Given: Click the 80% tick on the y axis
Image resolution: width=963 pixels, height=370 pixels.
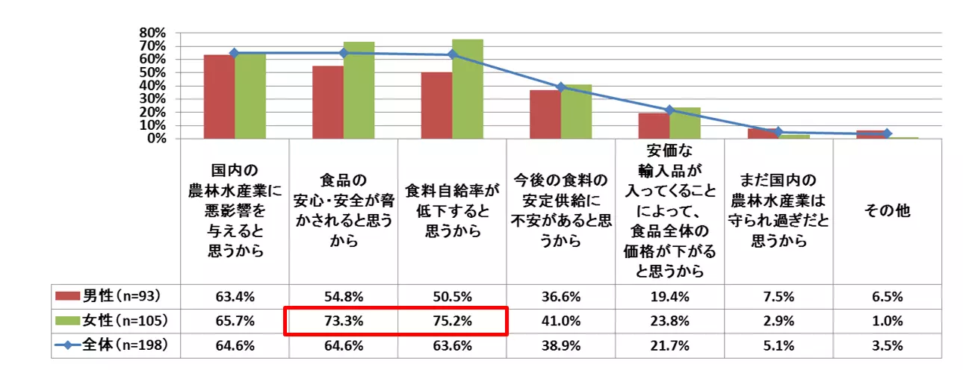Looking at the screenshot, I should (152, 33).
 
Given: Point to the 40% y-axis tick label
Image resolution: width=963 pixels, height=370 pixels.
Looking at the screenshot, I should (152, 86).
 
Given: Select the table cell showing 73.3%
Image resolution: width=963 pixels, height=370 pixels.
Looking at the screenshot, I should (344, 321).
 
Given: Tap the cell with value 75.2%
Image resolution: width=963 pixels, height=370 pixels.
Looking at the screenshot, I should (452, 321).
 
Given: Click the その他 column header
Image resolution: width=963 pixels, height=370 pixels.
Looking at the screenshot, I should (887, 211).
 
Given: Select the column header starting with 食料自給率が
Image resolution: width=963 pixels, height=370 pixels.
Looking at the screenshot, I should (452, 211).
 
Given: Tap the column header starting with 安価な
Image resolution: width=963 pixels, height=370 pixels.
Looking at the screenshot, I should (669, 211).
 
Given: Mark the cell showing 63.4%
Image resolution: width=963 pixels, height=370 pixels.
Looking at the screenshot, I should (235, 296).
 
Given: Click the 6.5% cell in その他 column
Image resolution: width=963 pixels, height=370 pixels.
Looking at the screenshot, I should (887, 296).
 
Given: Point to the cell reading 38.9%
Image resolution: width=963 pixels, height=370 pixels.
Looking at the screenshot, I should (560, 346).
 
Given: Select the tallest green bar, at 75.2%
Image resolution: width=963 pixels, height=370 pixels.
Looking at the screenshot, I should (468, 90).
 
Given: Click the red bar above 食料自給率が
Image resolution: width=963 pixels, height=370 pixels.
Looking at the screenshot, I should (436, 105).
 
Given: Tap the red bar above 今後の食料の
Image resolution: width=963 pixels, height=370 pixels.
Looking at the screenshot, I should (545, 114).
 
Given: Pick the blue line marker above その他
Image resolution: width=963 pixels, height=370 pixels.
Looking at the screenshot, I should (887, 134).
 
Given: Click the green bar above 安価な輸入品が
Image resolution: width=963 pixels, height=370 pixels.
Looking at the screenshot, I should (685, 123).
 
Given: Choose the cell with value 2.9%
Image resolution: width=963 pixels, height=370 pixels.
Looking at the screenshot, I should (778, 321).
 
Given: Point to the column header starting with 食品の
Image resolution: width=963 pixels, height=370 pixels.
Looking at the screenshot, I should (344, 211).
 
